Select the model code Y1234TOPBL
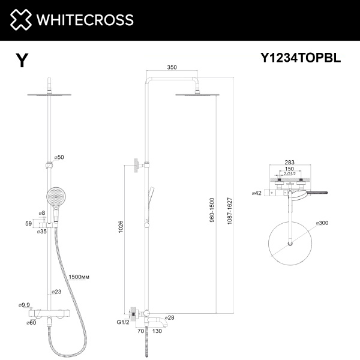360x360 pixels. point(300,58)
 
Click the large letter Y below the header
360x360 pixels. point(22,61)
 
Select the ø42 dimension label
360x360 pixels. point(257,193)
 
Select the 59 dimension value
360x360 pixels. point(27,223)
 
